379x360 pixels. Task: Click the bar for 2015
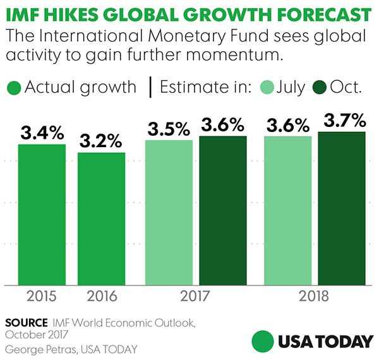(42, 214)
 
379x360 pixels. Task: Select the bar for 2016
(101, 218)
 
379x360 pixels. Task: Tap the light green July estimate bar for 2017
(169, 212)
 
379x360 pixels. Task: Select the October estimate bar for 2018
(342, 208)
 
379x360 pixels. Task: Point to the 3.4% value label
(42, 133)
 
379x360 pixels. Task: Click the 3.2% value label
(101, 141)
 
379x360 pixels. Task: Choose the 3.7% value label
(342, 120)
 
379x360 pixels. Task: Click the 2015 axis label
(42, 296)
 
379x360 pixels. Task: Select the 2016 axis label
(101, 296)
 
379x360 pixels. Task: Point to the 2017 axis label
(196, 296)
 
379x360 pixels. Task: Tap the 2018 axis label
(315, 296)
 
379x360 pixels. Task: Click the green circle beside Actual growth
(13, 88)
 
